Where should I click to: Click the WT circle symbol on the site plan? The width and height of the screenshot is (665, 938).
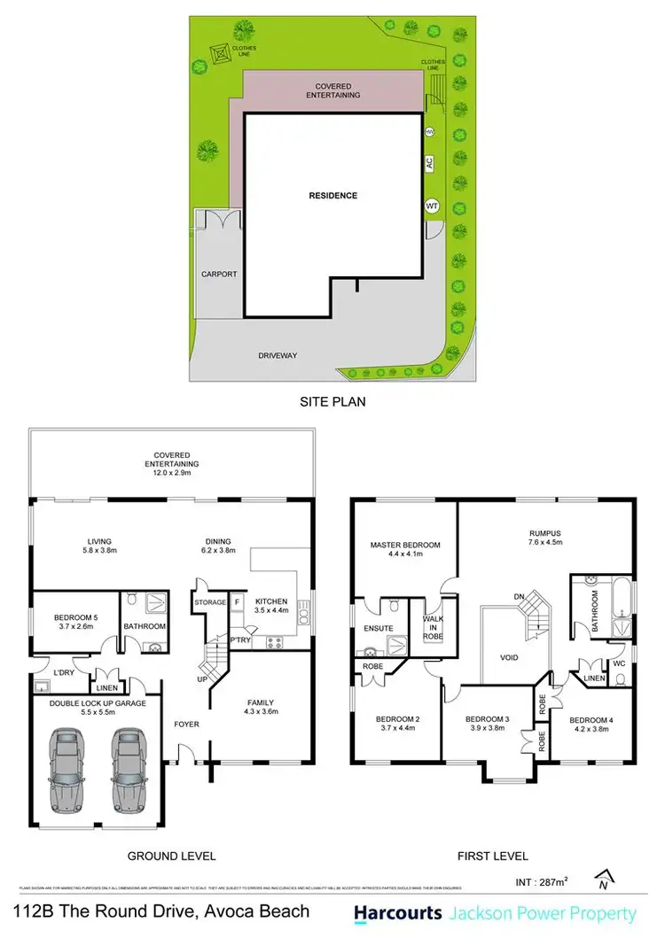point(433,205)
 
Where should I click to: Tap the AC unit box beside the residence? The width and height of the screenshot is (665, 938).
point(429,163)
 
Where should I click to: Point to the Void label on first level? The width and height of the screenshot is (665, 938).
point(509,658)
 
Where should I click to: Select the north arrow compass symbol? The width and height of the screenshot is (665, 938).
point(604,879)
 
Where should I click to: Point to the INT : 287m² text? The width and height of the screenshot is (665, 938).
point(541,882)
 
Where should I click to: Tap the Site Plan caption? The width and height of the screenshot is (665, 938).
point(332,401)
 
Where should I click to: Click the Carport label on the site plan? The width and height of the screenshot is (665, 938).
point(218,275)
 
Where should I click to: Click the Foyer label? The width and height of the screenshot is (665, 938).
point(186,725)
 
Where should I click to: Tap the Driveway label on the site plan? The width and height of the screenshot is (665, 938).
point(278,355)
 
